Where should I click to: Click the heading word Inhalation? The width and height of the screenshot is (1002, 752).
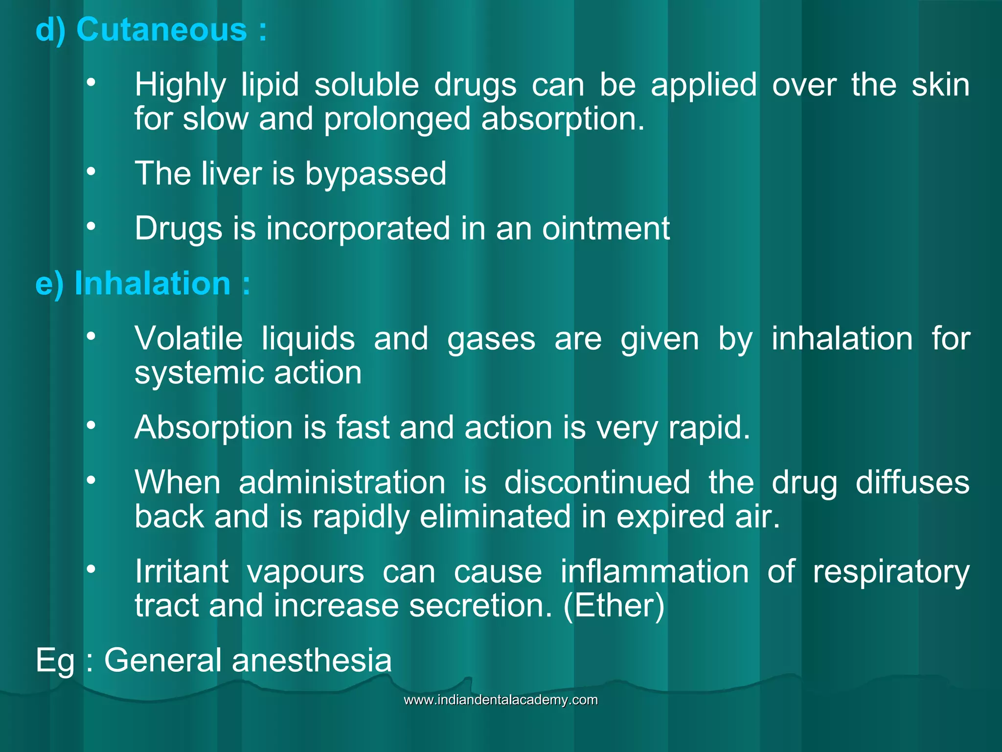coord(152,283)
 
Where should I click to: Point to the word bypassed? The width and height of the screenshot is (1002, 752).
coord(375,174)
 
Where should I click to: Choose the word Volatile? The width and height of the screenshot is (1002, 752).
coord(188,338)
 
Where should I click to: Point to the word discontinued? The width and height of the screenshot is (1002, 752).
coord(597,482)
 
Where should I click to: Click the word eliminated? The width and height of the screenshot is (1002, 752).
coord(495,517)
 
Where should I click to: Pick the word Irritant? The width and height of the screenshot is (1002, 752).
coord(182,571)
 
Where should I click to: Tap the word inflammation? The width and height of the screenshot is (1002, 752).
coord(654,571)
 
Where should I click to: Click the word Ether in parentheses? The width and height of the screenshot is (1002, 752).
coord(614,606)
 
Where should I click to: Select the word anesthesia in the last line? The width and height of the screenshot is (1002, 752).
coord(312,660)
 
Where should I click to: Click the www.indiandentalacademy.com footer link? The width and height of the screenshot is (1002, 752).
coord(501,700)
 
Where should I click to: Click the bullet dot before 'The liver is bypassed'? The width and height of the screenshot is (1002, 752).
coord(91,171)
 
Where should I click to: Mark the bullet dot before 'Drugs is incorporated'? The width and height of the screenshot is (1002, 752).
coord(91,226)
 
